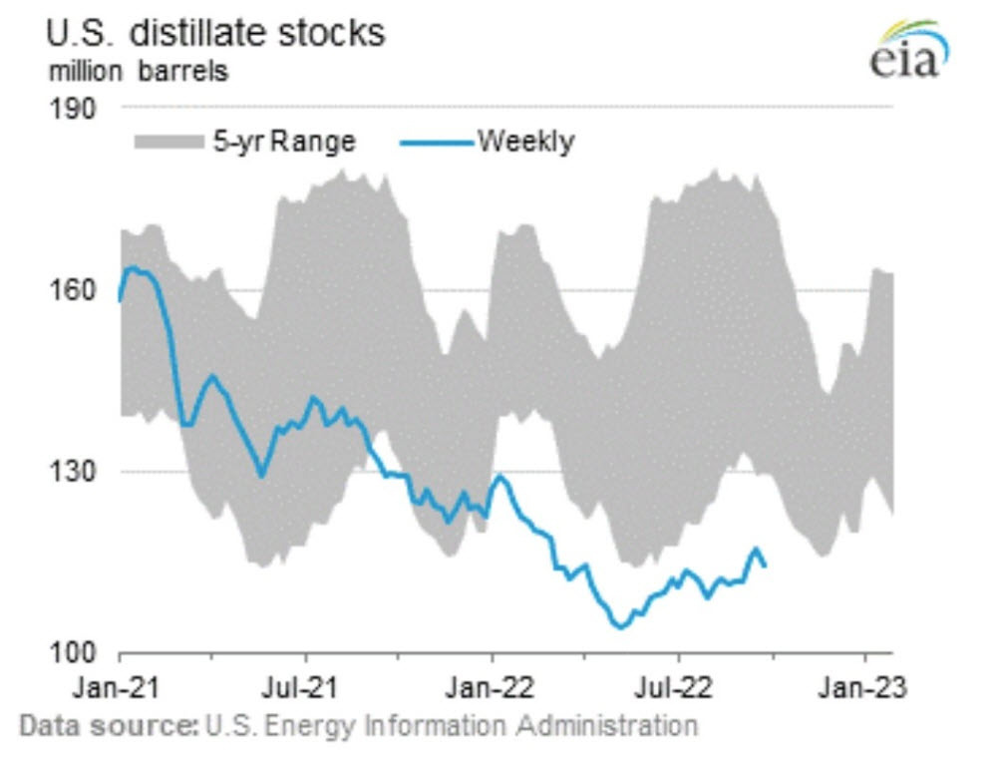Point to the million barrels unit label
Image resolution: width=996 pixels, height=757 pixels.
136,72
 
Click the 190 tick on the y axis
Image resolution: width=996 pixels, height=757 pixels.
72,108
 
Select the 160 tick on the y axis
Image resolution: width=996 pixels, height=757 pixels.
72,290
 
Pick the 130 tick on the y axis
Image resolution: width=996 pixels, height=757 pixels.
72,472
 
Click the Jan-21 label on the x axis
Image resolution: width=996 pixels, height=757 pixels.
120,686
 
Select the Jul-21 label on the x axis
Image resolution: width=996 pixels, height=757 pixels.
304,686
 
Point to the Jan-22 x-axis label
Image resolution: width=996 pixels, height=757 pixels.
491,686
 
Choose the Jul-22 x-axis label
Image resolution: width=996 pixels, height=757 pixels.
679,686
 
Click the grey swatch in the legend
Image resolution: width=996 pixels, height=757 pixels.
168,143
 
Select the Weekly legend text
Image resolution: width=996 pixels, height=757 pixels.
526,142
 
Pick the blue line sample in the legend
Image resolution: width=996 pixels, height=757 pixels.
438,143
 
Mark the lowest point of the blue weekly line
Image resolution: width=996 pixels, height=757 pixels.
619,627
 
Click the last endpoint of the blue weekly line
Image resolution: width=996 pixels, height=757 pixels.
765,566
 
